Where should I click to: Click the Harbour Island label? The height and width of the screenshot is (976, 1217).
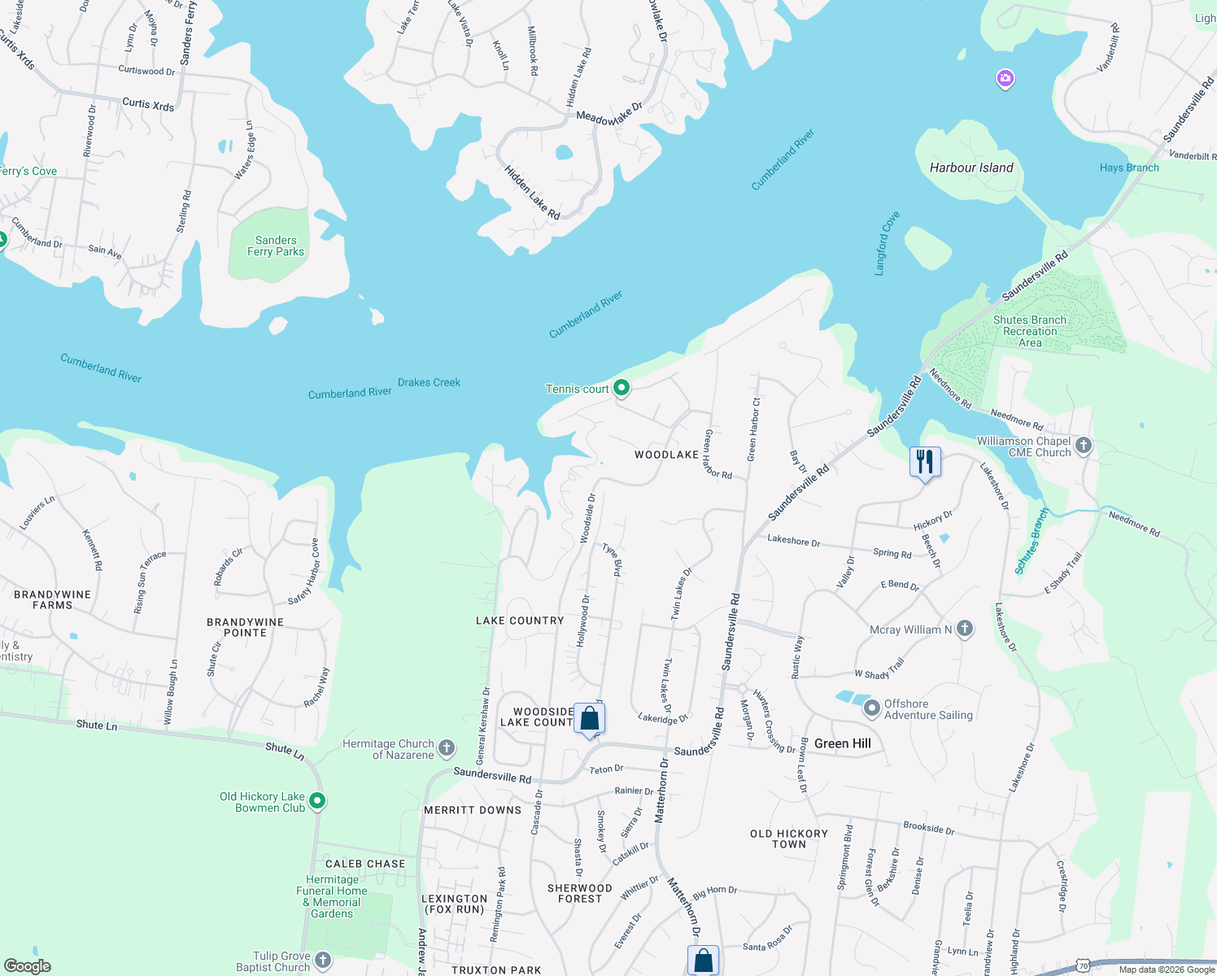(x=971, y=168)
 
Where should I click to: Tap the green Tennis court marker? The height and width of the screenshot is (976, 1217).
(x=622, y=388)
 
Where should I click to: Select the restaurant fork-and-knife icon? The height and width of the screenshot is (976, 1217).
(x=925, y=462)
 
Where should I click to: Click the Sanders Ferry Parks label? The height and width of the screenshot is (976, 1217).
(x=276, y=246)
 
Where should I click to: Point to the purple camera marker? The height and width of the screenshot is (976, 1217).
(x=1005, y=78)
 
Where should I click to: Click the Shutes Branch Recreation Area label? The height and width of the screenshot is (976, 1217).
(x=1029, y=331)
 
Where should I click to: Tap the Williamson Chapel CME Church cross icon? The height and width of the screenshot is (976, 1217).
(x=1083, y=445)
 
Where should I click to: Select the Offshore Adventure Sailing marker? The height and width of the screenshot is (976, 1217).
(x=872, y=708)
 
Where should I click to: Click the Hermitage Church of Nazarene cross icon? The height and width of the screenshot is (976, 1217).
(x=446, y=748)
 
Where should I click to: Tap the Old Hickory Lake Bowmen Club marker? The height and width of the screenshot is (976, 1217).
(x=317, y=801)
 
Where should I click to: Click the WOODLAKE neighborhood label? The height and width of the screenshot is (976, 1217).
(x=666, y=455)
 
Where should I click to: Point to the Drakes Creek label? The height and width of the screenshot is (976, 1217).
(x=429, y=382)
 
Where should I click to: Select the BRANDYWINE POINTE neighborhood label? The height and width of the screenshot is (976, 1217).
(x=245, y=627)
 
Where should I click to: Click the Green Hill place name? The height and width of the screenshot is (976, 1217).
(x=842, y=743)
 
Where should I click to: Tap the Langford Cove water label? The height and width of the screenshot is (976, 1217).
(x=887, y=243)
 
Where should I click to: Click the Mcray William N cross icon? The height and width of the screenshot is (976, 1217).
(x=965, y=629)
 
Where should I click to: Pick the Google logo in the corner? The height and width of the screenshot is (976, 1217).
(x=28, y=965)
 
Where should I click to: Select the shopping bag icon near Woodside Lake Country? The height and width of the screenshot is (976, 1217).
(x=590, y=719)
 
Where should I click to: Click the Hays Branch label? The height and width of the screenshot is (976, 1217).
(x=1128, y=168)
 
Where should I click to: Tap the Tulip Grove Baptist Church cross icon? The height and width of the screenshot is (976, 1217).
(x=323, y=961)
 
